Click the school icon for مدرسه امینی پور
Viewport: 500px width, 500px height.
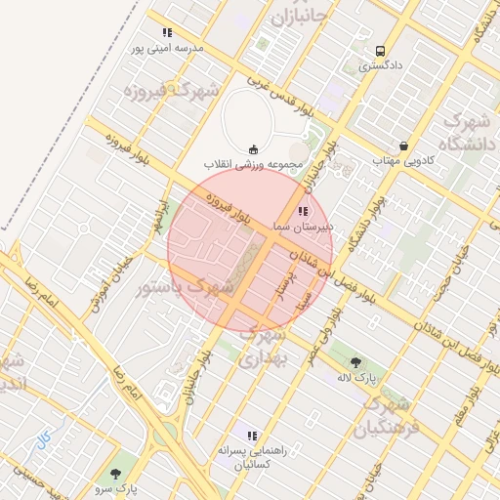(x=168, y=32)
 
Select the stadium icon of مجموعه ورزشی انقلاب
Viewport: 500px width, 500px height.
(x=253, y=148)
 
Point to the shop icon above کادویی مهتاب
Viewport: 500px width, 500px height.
(x=403, y=146)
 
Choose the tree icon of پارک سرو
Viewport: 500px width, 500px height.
(x=116, y=475)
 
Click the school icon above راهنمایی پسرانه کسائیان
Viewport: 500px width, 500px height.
(x=252, y=436)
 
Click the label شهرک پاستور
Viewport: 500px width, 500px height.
(x=186, y=287)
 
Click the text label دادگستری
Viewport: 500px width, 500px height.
(x=379, y=67)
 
